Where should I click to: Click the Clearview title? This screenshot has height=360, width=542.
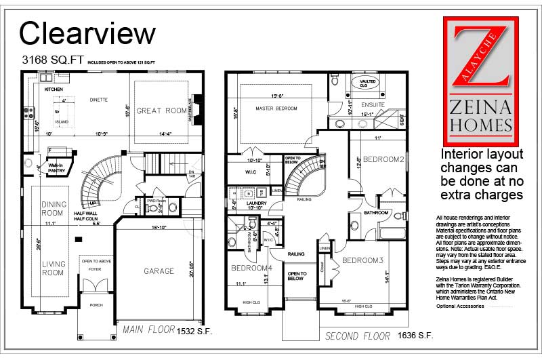point(87,33)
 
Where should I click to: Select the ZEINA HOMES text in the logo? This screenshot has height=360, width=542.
point(481,115)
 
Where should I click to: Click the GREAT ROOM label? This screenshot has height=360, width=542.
point(161,111)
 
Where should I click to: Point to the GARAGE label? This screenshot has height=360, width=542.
point(159,271)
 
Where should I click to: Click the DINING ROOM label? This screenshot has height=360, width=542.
point(54,209)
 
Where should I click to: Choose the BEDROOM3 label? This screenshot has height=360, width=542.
point(362,260)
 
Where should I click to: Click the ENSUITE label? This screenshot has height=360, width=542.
point(372,105)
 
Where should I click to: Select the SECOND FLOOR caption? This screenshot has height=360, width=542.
point(358,336)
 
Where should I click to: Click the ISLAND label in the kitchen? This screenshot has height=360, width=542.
point(62,122)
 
